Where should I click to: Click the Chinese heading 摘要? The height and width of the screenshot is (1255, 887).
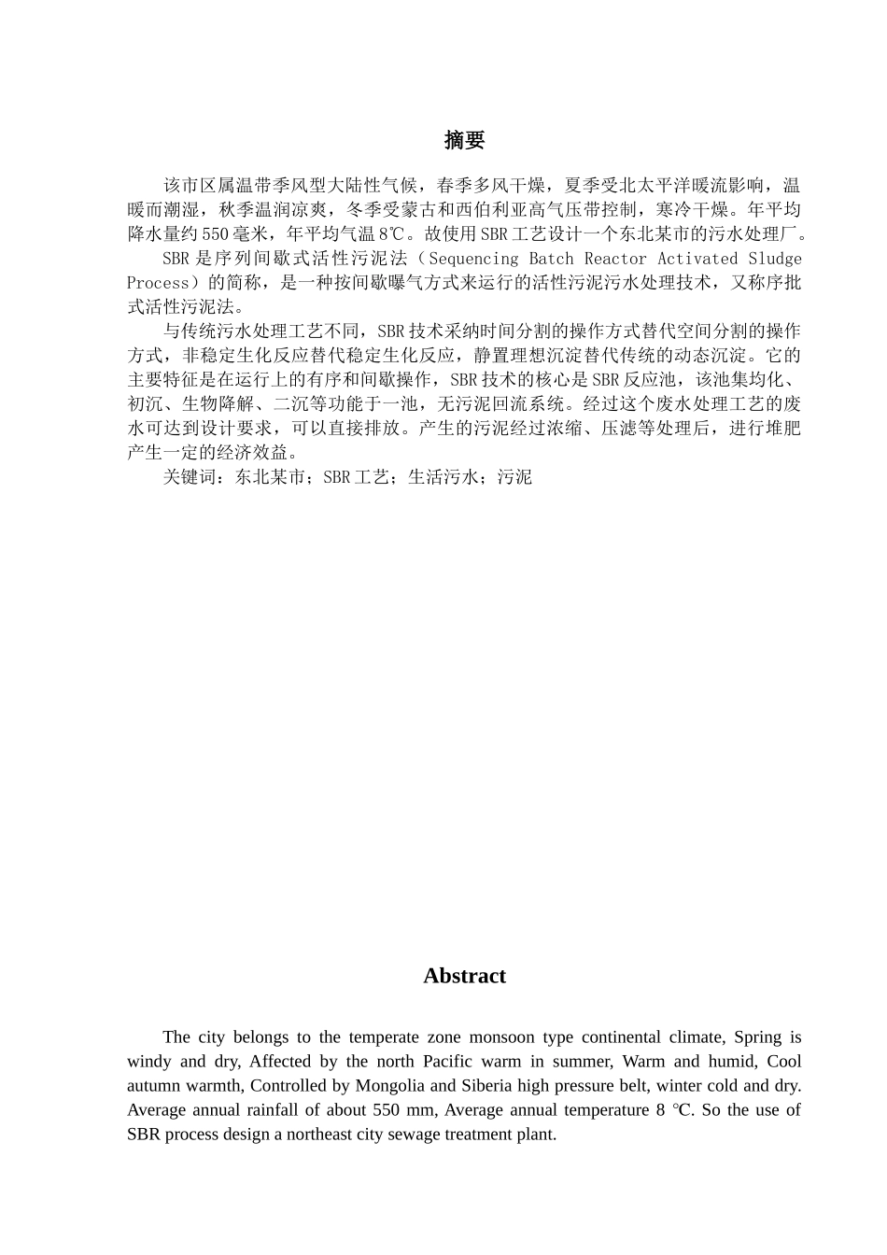464,141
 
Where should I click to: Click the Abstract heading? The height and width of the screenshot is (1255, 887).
464,976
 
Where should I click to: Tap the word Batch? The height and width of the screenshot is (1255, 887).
551,259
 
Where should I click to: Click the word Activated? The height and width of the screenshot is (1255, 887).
698,259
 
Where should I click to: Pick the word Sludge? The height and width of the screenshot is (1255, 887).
775,259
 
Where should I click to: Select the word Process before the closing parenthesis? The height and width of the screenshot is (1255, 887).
158,283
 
